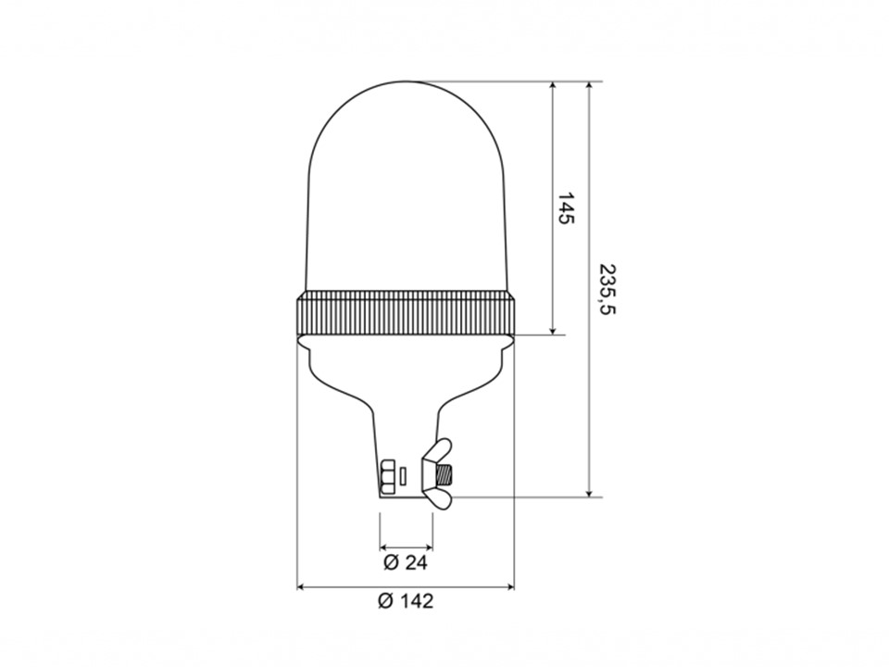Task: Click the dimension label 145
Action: tap(565, 208)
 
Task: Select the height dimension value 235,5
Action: tap(607, 289)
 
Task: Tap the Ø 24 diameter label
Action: tap(405, 562)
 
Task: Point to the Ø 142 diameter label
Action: tap(406, 600)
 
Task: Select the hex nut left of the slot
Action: tap(387, 476)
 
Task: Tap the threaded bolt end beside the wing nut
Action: tap(444, 473)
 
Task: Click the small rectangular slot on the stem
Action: tap(403, 476)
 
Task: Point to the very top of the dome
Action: tap(406, 82)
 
